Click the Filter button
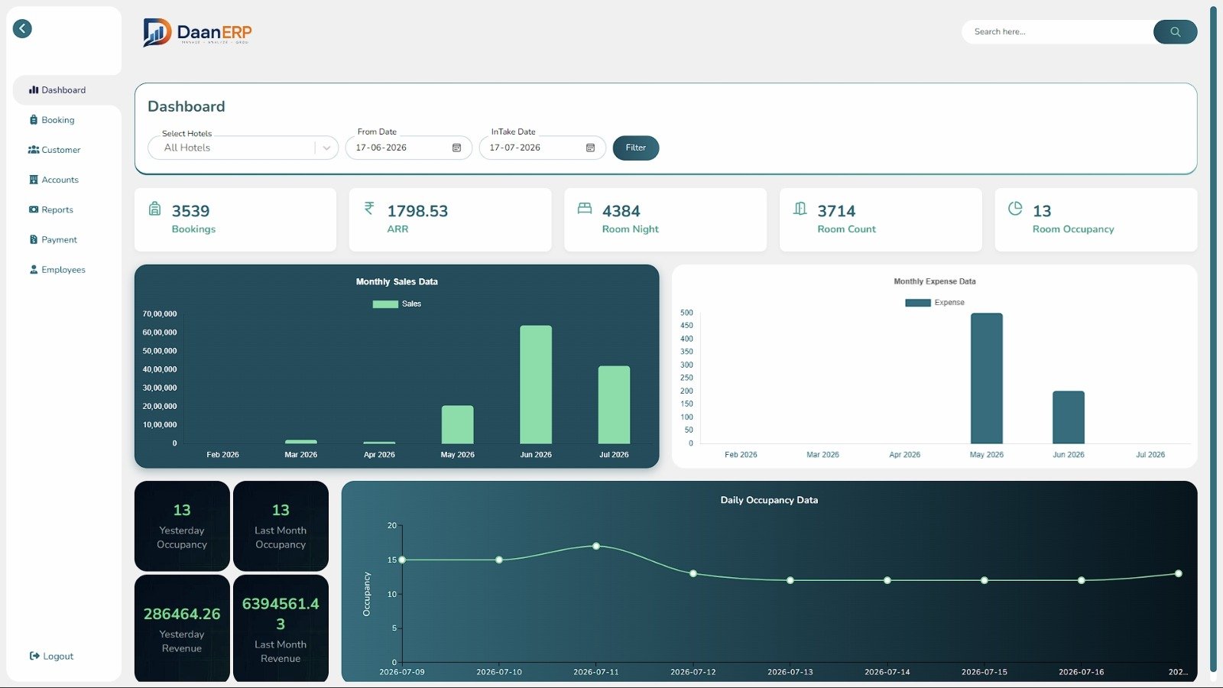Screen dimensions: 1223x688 point(635,148)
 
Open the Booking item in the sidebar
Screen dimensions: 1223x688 point(53,119)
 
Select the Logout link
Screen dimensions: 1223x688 point(51,656)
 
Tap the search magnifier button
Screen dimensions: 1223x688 point(1175,31)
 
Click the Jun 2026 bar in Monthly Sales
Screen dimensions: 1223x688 point(536,385)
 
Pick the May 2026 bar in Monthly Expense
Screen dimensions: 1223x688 point(987,378)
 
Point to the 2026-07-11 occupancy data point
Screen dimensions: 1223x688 point(596,546)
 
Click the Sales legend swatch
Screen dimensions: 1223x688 point(385,304)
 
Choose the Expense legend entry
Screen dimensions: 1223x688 point(935,303)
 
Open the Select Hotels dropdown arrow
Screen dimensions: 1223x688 point(326,148)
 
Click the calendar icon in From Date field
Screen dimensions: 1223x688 point(456,148)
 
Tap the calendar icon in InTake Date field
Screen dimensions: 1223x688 point(590,148)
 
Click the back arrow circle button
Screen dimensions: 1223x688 point(22,28)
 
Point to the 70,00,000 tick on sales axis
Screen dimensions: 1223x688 point(160,314)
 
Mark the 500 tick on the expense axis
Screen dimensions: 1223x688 point(686,313)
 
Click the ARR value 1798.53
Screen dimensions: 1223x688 point(417,211)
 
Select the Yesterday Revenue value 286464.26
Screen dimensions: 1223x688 point(182,614)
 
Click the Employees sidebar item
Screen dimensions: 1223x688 point(57,269)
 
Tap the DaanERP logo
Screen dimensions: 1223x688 point(197,32)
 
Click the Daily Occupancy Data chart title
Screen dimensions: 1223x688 point(769,500)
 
